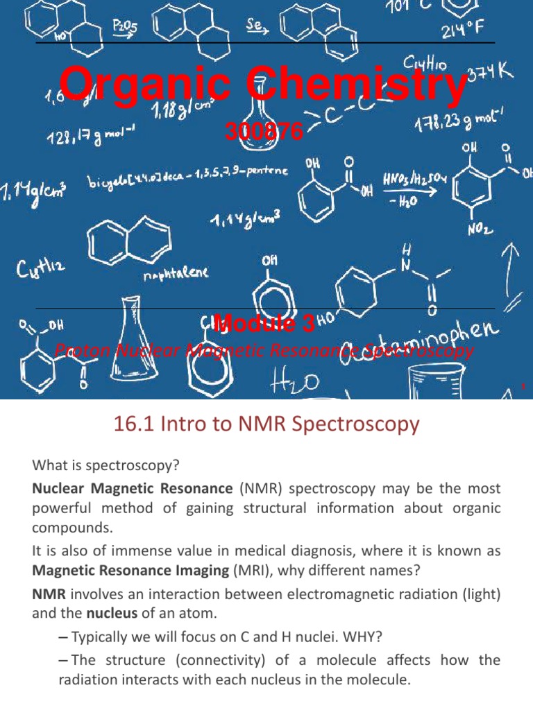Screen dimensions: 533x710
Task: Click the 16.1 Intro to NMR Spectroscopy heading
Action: (x=266, y=424)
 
